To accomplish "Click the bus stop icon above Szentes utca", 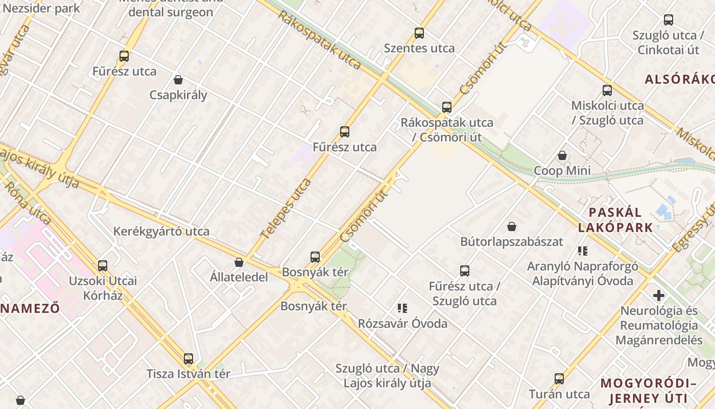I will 419,33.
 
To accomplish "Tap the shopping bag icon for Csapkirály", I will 178,80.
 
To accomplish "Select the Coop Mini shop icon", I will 562,155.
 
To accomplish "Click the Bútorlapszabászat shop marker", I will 512,226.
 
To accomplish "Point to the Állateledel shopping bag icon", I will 239,262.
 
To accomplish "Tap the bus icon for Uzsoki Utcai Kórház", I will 103,266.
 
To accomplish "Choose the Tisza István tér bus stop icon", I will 188,359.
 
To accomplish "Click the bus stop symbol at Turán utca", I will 559,379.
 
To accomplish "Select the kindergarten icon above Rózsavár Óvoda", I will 402,308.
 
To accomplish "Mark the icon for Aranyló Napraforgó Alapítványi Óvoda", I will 583,251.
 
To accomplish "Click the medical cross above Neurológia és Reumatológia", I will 659,296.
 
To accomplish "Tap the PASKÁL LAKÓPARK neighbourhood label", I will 615,220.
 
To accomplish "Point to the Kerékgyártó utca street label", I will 161,231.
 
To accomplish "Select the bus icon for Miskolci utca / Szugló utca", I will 607,90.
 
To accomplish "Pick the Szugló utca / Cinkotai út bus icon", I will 669,20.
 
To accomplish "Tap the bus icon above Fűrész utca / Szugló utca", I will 464,271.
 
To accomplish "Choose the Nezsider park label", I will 41,8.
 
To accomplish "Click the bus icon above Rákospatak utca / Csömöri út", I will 447,107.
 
